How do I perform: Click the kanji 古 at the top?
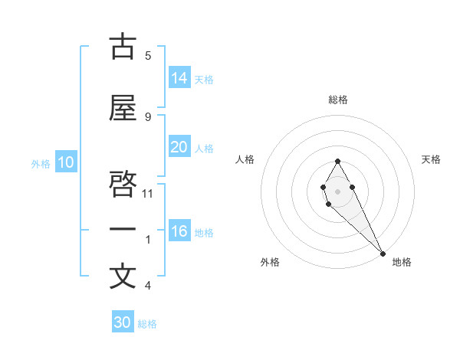122,47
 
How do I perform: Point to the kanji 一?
122,229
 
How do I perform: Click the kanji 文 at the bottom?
122,277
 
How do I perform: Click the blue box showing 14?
179,78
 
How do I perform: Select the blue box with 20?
179,147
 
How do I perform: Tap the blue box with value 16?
179,231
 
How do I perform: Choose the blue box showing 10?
65,162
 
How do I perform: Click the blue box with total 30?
123,322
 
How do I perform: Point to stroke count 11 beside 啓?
148,193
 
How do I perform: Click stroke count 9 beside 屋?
148,116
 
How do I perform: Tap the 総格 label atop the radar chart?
337,100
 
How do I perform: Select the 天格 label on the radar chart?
431,159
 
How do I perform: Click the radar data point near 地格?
383,253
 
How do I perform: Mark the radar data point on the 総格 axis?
337,161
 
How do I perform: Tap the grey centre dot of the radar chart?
337,190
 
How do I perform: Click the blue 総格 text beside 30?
147,324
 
